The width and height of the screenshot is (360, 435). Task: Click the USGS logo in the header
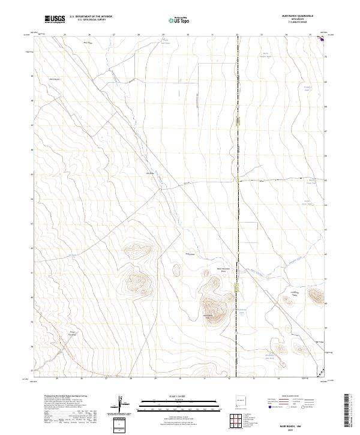pos(55,20)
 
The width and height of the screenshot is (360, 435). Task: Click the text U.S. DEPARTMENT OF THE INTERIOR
pos(91,17)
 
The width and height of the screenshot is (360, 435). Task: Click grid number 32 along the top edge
pos(236,34)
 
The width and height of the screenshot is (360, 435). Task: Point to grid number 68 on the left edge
pos(32,101)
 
